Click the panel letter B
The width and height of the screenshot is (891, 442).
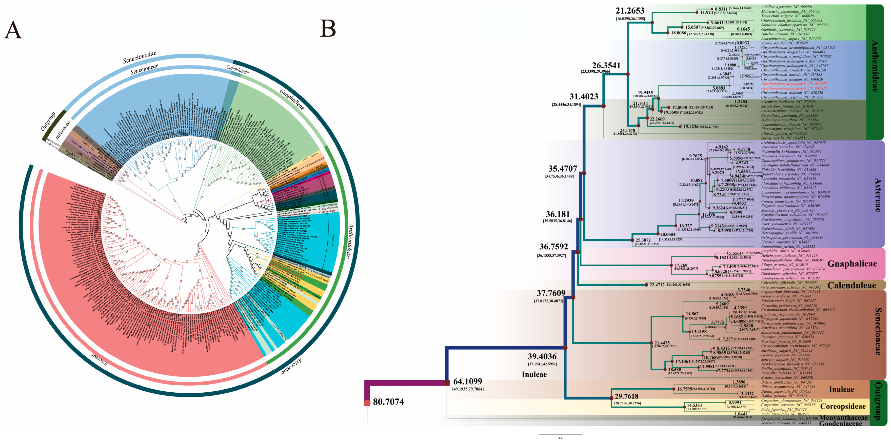pos(328,28)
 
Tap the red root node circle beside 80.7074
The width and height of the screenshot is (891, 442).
pos(367,403)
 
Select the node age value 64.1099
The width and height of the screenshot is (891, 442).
pos(467,381)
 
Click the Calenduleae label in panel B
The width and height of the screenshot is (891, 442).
pos(852,285)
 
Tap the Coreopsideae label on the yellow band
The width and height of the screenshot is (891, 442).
pos(843,406)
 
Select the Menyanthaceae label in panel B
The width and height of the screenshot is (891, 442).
pos(843,418)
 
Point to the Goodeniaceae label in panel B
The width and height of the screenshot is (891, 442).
pos(841,424)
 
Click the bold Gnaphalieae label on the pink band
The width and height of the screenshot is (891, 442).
pos(852,264)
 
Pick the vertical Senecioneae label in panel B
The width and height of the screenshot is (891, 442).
pos(878,331)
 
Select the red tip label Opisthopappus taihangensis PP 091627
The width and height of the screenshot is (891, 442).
pos(794,84)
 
